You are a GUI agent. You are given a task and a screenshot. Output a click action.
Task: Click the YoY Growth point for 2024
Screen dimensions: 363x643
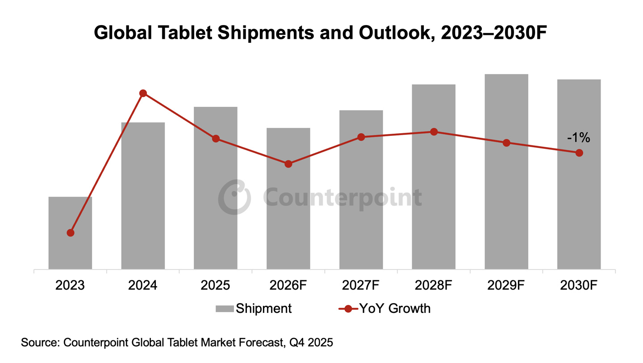tap(143, 93)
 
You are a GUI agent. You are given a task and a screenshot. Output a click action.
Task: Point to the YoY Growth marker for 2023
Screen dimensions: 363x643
tap(70, 233)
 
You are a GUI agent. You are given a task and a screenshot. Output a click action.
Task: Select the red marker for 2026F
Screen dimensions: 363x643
tap(288, 164)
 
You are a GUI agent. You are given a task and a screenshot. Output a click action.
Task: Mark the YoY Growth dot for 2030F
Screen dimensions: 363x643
tap(579, 153)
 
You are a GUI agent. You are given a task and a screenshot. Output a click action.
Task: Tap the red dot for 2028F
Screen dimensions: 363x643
tap(434, 132)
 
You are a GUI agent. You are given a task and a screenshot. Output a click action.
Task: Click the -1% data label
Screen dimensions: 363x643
tap(578, 138)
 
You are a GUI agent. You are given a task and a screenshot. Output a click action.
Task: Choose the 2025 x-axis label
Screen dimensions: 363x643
tap(216, 285)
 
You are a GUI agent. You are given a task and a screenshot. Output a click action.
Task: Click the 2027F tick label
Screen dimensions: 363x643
tap(361, 285)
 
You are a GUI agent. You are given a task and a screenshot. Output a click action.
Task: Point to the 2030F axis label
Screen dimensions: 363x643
tap(579, 285)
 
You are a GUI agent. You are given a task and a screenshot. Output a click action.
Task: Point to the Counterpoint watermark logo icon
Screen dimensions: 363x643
tap(234, 197)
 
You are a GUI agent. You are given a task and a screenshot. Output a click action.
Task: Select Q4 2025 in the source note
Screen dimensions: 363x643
tap(311, 343)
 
